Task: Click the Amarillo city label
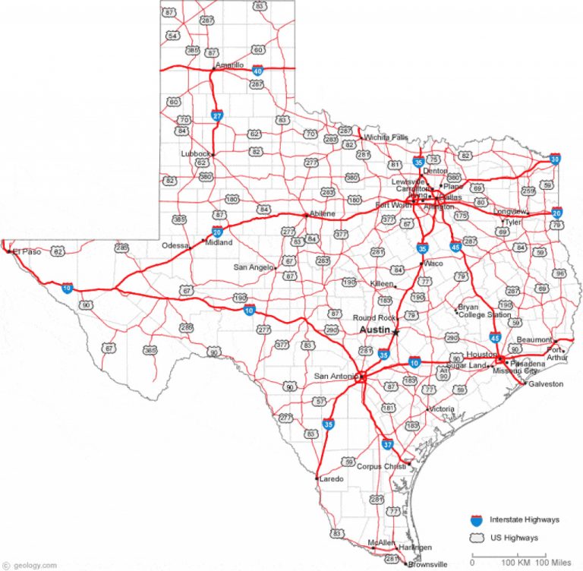(x=230, y=65)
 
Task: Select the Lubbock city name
(x=195, y=153)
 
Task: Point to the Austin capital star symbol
(x=395, y=332)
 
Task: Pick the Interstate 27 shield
(x=217, y=115)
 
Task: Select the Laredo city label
(x=332, y=478)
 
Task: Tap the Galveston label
(x=547, y=384)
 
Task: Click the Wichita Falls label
(x=386, y=137)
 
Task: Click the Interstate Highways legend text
(x=525, y=520)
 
